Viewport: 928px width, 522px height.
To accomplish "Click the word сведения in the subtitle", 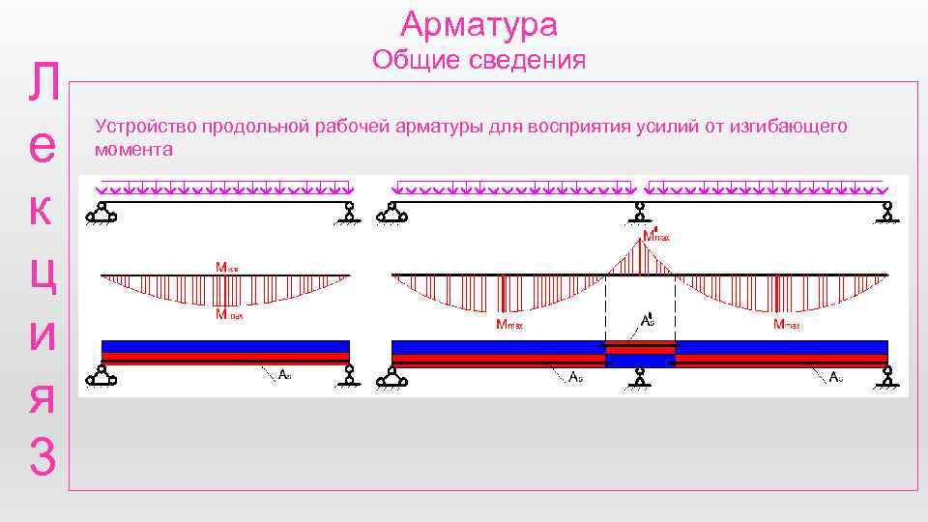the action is pyautogui.click(x=531, y=61).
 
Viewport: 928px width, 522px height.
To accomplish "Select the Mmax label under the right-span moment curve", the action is pyautogui.click(x=792, y=325).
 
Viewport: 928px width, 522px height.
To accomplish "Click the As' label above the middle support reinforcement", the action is pyautogui.click(x=647, y=320).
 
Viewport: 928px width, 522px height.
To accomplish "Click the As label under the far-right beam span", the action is pyautogui.click(x=837, y=377).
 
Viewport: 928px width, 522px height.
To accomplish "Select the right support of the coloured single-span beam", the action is pyautogui.click(x=349, y=375).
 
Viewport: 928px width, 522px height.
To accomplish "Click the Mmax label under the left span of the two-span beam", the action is pyautogui.click(x=509, y=325).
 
